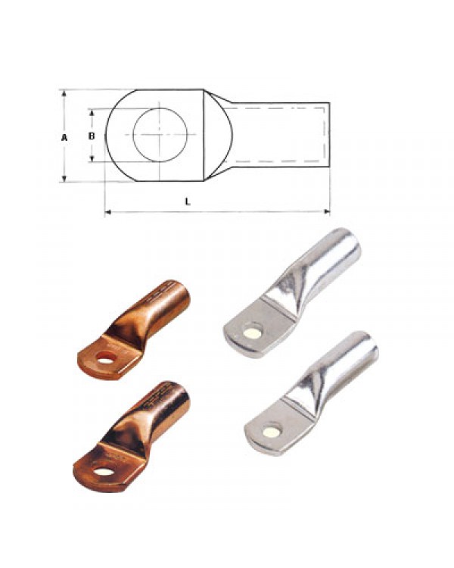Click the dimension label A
tap(64, 137)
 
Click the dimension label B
tap(92, 136)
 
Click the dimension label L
tap(188, 201)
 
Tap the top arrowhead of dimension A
tap(64, 93)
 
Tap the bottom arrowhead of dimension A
tap(64, 178)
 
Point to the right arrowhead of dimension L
tap(327, 211)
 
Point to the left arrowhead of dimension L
tap(108, 211)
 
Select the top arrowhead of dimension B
tap(92, 112)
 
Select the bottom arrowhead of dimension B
tap(92, 158)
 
